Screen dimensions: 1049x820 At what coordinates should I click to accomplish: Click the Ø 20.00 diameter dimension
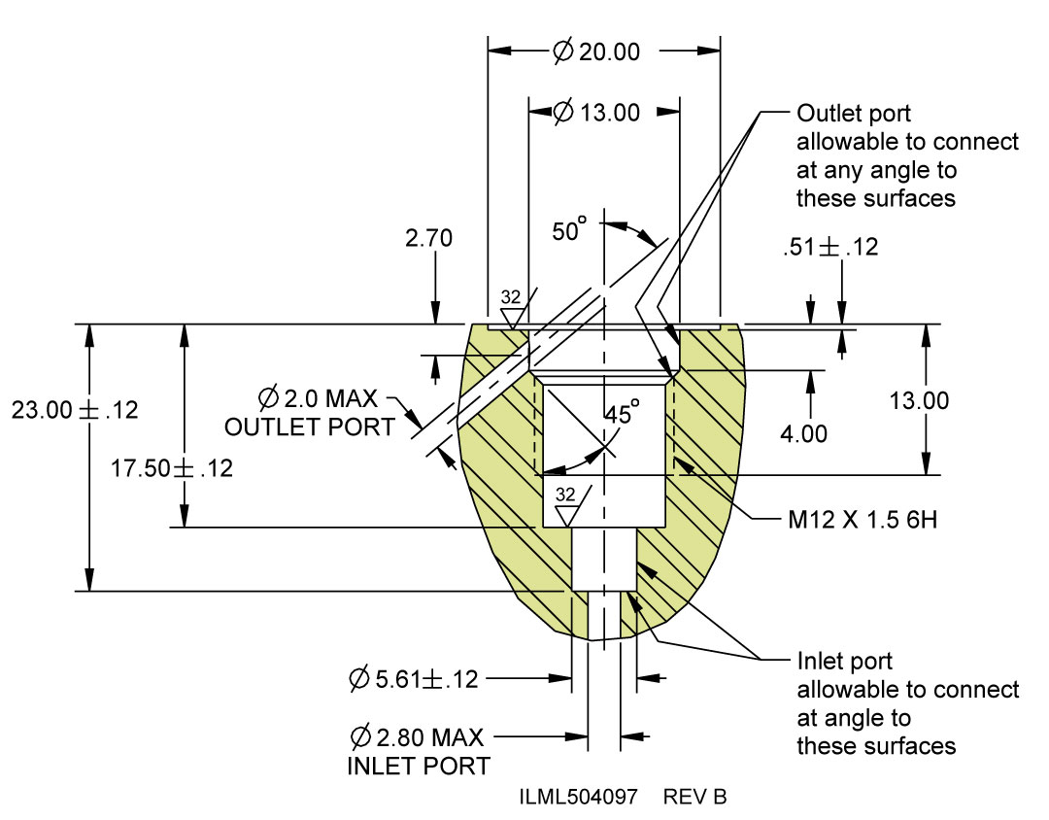(x=596, y=51)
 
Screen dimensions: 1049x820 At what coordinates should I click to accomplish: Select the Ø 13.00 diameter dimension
(x=596, y=112)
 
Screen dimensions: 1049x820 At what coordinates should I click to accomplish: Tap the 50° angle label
(x=569, y=229)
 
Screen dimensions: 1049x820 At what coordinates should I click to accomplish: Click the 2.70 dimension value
(x=429, y=238)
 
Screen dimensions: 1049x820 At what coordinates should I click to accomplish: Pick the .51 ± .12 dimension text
(x=830, y=247)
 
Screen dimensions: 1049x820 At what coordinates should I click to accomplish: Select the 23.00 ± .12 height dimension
(x=75, y=410)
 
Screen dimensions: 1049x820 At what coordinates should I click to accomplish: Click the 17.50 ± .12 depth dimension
(x=172, y=468)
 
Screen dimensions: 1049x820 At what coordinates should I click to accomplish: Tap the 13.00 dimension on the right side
(x=919, y=400)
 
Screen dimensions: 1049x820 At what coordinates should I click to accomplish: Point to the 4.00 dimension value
(x=803, y=433)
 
